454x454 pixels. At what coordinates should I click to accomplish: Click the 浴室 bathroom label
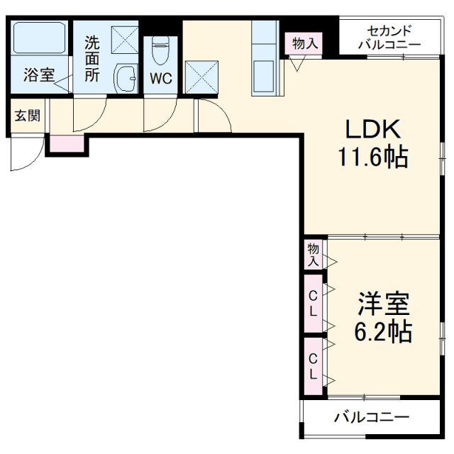tap(38, 75)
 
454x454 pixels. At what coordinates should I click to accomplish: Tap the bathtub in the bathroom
tap(40, 40)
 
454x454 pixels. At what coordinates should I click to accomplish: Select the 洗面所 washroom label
tap(92, 60)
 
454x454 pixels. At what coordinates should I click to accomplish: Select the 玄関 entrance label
tap(28, 116)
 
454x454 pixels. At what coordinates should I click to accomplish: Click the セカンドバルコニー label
tap(389, 37)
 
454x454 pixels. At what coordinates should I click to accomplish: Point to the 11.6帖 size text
tap(372, 157)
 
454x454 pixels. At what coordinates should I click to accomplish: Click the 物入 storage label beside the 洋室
tap(312, 253)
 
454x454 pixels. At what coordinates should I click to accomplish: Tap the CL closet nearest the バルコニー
tap(312, 365)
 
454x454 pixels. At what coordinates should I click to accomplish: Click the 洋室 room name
tap(383, 304)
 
